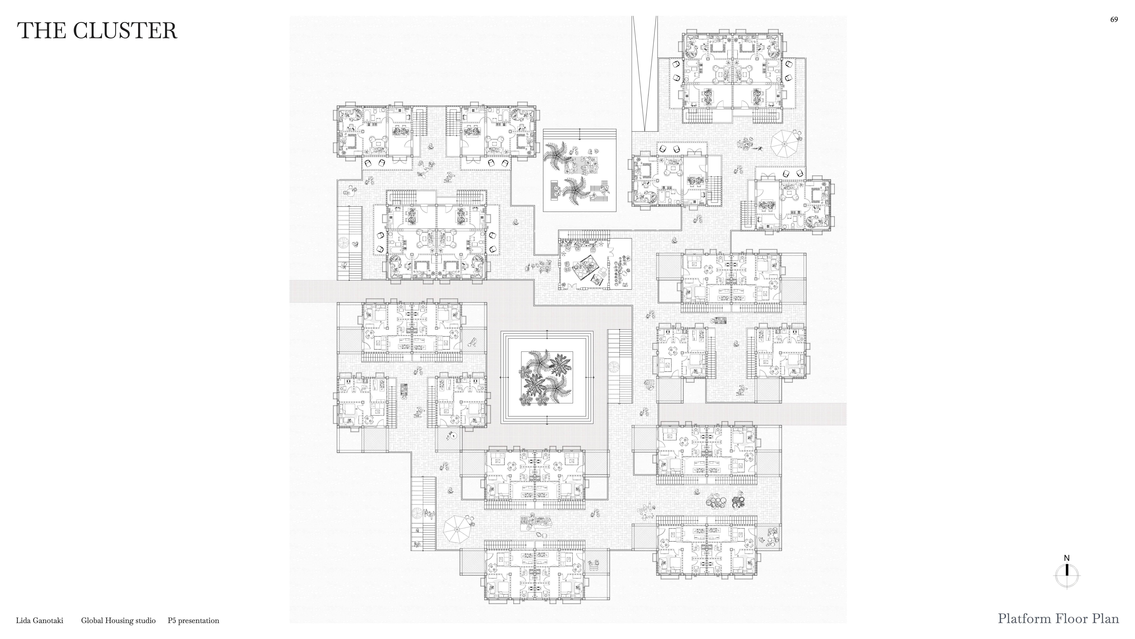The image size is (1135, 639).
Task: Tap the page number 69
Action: click(1114, 19)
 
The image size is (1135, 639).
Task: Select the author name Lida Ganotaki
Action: click(40, 620)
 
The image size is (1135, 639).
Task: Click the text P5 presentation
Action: click(193, 620)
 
